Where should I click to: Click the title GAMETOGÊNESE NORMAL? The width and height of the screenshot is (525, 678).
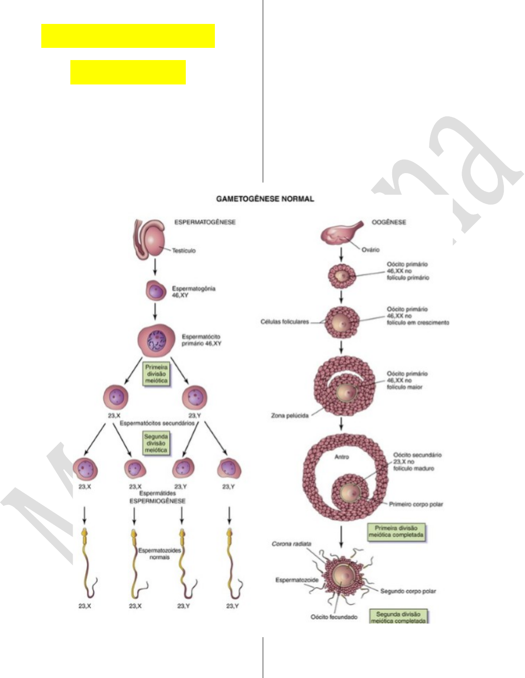pos(265,199)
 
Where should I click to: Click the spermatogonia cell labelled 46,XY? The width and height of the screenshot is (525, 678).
pos(156,291)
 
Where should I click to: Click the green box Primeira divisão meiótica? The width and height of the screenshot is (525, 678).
pos(156,374)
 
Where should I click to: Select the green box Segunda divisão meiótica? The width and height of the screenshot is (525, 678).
pos(156,443)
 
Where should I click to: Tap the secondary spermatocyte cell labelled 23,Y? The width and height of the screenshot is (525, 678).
pos(195,398)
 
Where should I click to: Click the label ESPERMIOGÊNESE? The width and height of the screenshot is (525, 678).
pos(158,501)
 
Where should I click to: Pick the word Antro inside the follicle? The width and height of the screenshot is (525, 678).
pos(342,457)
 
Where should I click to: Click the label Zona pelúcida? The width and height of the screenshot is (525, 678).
pos(290,415)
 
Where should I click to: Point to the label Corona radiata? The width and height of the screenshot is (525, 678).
pos(291,544)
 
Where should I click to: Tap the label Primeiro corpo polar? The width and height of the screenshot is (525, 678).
pos(416,504)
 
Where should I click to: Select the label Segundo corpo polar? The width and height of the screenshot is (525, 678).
pos(408,591)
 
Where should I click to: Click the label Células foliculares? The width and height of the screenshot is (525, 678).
pos(285,322)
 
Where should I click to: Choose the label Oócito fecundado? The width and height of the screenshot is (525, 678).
pos(334,617)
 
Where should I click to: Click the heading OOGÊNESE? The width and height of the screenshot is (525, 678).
pos(389,222)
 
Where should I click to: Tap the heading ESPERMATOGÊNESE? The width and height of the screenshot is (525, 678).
pos(205,222)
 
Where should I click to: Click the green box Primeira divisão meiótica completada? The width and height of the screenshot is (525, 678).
pos(396,531)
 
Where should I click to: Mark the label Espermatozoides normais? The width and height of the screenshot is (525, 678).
pos(160,554)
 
